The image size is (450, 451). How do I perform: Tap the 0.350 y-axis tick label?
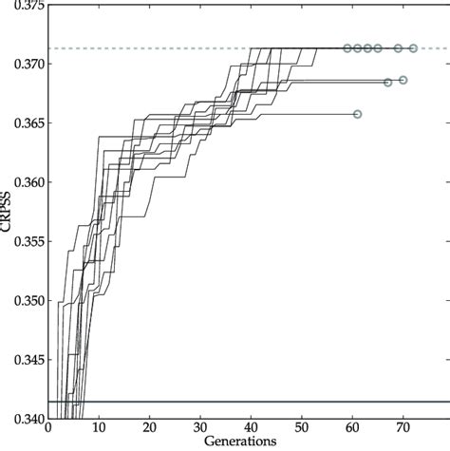point(24,300)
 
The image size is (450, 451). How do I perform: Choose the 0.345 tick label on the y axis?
point(24,360)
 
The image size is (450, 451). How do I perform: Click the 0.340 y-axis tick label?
point(24,419)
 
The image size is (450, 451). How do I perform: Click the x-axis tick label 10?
point(99,429)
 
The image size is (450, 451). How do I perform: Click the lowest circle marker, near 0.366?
point(357,114)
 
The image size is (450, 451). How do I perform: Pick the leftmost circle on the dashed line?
point(347,47)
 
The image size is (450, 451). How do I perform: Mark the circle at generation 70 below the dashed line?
point(403,80)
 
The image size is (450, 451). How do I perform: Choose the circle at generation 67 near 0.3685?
point(387,83)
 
